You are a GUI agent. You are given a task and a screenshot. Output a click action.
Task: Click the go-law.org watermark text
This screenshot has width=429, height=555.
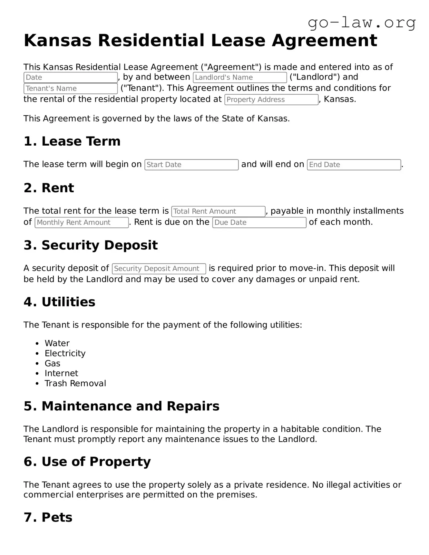362,23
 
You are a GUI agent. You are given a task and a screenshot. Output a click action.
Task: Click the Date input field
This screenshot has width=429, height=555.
70,77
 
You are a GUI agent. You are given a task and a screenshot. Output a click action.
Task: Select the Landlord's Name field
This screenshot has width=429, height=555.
239,77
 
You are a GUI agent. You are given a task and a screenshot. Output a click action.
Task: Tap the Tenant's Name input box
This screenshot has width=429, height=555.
70,89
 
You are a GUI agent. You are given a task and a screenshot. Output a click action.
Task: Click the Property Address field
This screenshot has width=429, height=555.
271,100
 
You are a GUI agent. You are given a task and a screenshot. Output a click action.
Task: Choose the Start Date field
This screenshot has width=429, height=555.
191,165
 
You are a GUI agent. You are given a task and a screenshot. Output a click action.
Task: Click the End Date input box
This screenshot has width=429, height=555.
354,165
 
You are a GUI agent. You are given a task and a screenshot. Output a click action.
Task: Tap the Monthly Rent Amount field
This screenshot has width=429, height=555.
81,222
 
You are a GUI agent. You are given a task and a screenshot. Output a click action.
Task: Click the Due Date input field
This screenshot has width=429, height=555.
259,222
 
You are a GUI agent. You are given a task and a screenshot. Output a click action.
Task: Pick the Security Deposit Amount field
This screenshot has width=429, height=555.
159,269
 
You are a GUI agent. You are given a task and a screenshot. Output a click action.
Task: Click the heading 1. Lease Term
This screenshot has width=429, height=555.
72,141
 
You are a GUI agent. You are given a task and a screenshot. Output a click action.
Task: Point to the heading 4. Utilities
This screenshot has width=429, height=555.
59,302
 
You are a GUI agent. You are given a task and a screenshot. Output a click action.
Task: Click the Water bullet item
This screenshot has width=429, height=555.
57,343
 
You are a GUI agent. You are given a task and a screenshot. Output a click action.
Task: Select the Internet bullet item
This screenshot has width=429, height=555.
61,373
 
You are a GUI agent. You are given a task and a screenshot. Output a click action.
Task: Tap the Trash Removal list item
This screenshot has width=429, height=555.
75,383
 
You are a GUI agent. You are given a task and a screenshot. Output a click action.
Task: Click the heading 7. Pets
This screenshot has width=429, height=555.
48,517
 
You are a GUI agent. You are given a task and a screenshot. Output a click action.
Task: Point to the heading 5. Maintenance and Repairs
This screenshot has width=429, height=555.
121,406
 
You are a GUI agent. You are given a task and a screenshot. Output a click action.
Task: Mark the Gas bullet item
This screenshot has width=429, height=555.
52,363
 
